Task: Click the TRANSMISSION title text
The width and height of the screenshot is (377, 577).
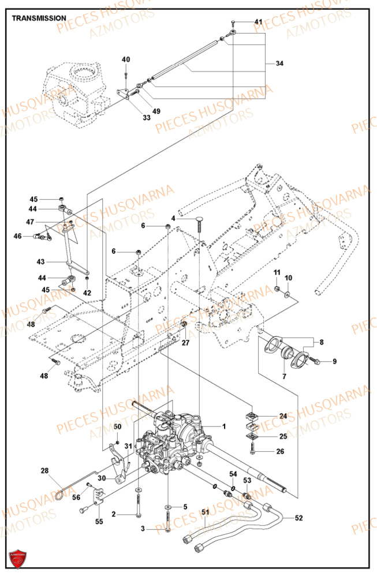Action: [39, 18]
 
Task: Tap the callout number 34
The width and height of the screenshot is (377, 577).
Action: [279, 63]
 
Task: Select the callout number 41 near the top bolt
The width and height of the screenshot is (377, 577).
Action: [258, 22]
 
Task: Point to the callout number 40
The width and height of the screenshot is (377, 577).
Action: [126, 59]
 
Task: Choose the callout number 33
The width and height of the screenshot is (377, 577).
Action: [147, 118]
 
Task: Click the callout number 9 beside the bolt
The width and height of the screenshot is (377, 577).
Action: [334, 361]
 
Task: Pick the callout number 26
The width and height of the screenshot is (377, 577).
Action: [280, 451]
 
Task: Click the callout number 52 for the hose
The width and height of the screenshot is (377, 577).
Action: [298, 518]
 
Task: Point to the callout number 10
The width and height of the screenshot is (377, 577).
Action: [289, 278]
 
